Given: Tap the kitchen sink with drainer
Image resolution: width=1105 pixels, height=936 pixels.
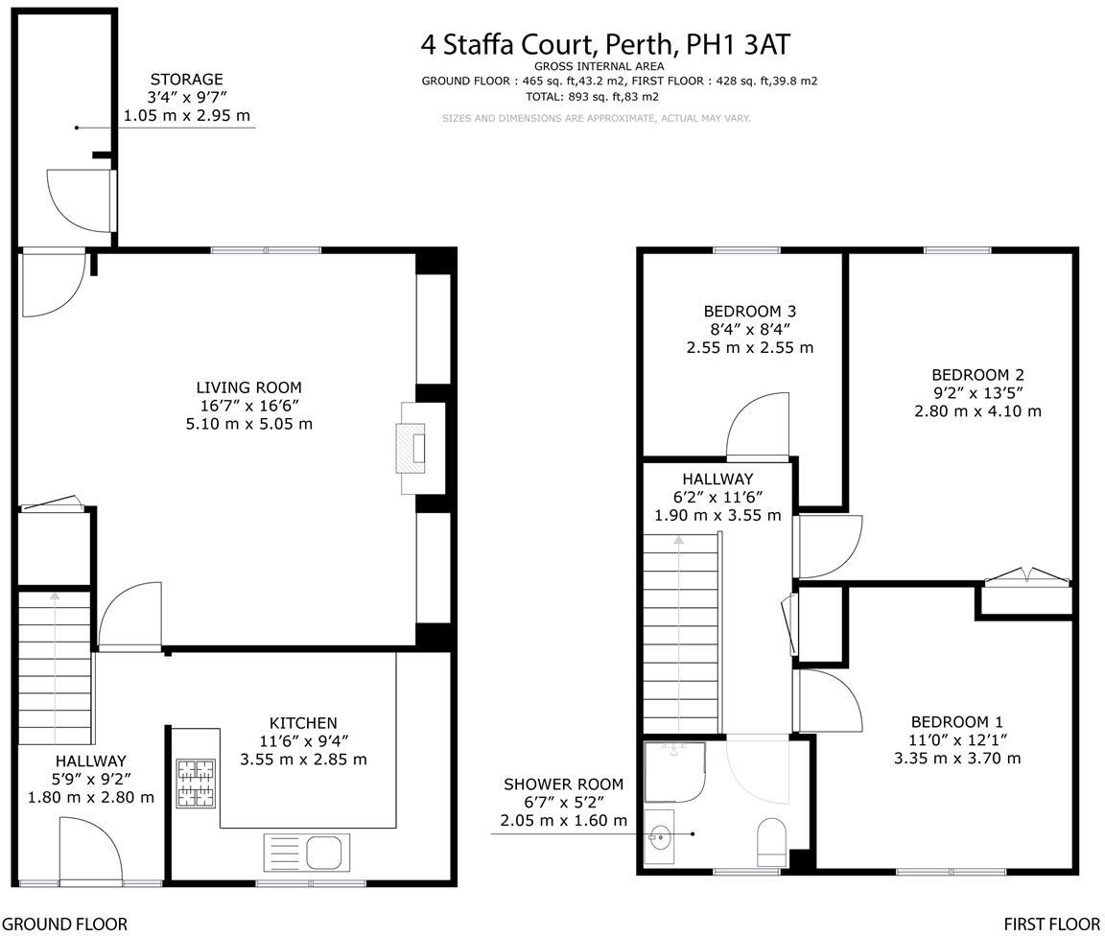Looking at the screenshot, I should (x=307, y=852).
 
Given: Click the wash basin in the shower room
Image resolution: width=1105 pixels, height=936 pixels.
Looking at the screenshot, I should (x=661, y=837).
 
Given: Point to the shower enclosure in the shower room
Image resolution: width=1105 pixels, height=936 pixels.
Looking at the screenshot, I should (x=675, y=772).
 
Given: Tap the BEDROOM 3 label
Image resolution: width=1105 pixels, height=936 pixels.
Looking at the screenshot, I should (x=749, y=311).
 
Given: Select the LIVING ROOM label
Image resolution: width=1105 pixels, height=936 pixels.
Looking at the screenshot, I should (x=248, y=387).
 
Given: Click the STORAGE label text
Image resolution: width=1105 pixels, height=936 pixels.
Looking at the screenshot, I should (x=186, y=80).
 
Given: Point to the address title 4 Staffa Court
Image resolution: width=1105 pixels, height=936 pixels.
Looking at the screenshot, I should (x=605, y=44).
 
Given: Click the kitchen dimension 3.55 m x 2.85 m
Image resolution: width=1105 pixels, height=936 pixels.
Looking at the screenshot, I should (x=303, y=760).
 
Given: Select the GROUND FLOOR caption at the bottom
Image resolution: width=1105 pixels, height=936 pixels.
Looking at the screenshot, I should (x=63, y=924).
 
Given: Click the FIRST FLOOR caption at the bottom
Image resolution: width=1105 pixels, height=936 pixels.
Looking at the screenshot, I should (x=1052, y=924).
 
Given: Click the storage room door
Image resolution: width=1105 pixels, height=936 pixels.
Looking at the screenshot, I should (x=82, y=199).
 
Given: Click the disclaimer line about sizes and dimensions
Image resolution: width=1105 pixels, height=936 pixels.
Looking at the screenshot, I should (x=596, y=118).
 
